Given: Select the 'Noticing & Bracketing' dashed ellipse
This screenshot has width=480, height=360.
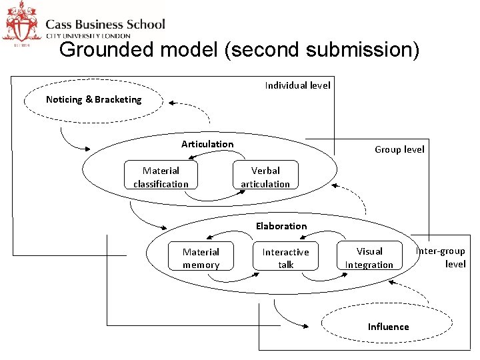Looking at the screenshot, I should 93,100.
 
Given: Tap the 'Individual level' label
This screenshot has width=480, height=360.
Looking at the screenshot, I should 297,85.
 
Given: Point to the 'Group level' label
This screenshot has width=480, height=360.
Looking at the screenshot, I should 399,149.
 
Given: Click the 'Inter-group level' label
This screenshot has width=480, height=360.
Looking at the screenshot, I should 441,257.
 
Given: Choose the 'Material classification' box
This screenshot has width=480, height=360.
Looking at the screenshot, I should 161,177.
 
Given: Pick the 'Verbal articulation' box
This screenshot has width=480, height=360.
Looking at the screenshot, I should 265,177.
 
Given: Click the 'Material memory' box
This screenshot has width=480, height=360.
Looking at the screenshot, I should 201,258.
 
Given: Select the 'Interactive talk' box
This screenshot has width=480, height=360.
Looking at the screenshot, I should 285,258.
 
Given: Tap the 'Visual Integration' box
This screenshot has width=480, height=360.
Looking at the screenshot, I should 369,258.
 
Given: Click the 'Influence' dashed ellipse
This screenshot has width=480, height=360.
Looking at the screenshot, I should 388,326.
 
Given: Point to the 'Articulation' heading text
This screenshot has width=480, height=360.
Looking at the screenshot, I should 207,144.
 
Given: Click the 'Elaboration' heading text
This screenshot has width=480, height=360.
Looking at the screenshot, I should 281,226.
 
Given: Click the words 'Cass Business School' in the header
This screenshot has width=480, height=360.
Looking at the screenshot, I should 105,24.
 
